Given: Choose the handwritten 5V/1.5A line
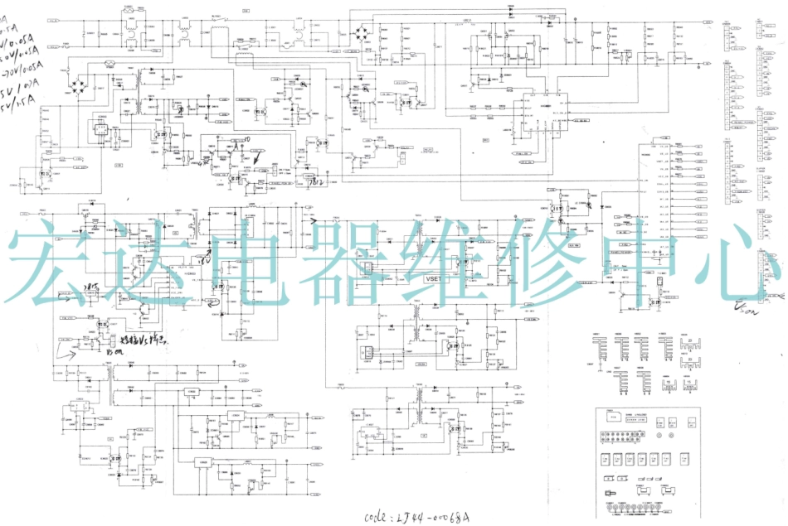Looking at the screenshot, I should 17,109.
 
